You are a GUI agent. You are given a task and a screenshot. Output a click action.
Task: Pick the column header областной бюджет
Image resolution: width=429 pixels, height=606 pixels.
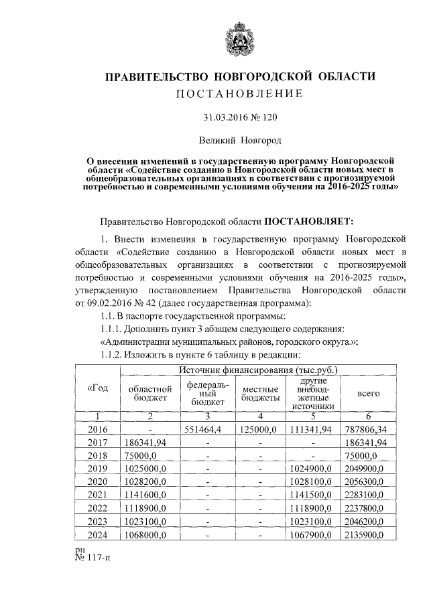tap(145, 394)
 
